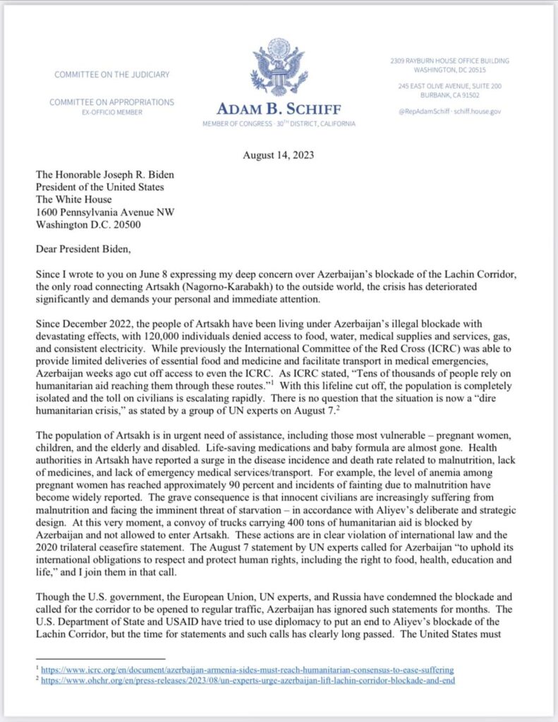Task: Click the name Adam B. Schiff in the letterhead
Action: pyautogui.click(x=279, y=111)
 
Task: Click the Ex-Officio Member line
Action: pyautogui.click(x=111, y=112)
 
